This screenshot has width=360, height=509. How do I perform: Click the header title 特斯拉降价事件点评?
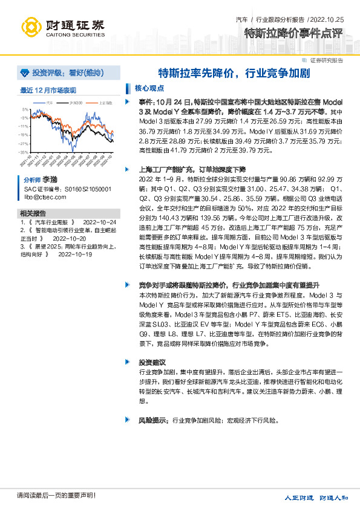293,33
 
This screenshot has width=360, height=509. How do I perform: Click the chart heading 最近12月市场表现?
48,90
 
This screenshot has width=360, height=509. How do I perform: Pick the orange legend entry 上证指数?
105,103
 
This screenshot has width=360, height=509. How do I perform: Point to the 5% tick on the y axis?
24,109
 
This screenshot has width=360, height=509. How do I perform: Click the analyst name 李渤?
50,180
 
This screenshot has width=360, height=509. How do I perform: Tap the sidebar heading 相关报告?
32,214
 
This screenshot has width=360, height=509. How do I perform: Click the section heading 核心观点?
147,88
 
